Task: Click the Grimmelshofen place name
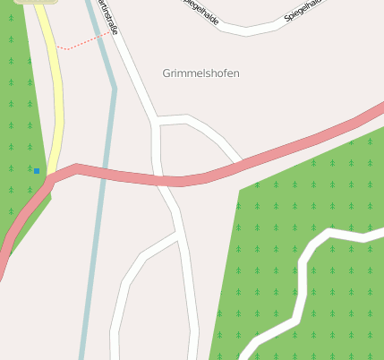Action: (x=201, y=73)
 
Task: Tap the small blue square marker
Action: (x=37, y=170)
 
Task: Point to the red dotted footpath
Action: (x=86, y=41)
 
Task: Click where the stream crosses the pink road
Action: (x=106, y=171)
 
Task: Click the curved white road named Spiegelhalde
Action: (x=247, y=30)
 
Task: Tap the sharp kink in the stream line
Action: (x=115, y=88)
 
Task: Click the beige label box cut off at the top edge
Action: (x=36, y=2)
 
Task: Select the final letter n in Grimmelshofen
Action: (x=236, y=73)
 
